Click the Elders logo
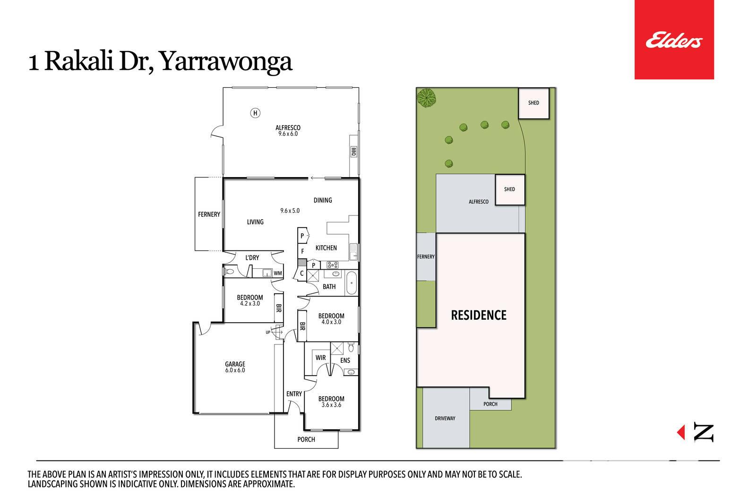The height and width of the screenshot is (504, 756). point(674,40)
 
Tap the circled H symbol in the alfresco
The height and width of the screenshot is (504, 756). point(255,113)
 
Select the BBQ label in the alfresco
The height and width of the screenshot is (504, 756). point(353,152)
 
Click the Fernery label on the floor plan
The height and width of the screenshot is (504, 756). point(209,214)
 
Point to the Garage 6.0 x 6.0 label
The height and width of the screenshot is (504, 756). point(235,367)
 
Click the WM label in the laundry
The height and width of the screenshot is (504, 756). point(278,273)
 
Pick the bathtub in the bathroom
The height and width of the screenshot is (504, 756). point(352,282)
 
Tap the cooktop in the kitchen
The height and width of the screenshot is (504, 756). point(333,265)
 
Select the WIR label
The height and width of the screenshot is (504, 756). point(321,358)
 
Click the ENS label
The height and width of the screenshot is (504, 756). point(345,360)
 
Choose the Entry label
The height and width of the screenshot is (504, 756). point(294,393)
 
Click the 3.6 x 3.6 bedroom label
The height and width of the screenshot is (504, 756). point(331,401)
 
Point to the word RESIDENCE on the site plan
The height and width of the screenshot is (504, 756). point(479,315)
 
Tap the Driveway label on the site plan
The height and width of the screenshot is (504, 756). point(445,419)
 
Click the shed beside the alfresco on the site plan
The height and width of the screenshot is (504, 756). point(510,189)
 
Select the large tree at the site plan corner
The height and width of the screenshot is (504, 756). point(426,98)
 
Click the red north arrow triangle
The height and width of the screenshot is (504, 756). point(681,432)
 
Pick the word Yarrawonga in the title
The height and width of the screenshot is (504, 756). point(225,62)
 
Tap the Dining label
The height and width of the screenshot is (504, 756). point(323,200)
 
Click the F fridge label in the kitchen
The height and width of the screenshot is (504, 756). point(302,251)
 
